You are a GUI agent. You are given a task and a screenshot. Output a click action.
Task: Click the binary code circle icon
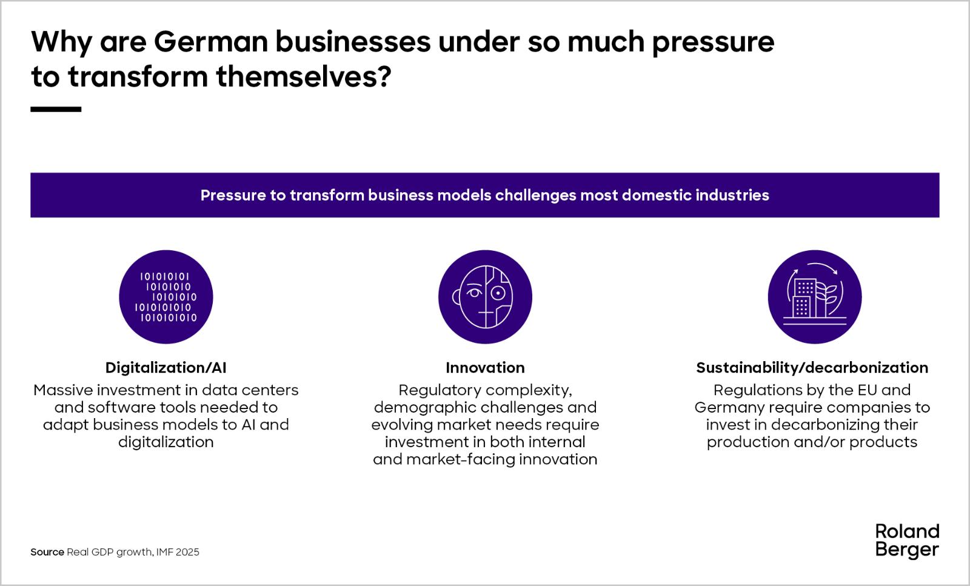click(166, 297)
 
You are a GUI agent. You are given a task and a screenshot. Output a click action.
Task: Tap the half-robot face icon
click(485, 297)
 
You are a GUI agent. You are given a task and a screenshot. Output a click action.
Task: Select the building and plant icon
click(815, 297)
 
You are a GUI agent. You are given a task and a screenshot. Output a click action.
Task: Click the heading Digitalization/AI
click(166, 367)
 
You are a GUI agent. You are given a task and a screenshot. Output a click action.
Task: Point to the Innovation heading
click(485, 367)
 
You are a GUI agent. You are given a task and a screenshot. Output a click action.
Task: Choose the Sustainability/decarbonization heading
click(812, 367)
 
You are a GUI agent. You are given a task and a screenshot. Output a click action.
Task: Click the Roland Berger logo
click(907, 541)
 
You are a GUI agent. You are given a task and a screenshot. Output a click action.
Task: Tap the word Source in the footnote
click(47, 552)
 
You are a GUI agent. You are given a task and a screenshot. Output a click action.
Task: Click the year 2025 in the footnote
click(187, 552)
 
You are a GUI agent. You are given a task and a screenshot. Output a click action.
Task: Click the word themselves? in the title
click(304, 76)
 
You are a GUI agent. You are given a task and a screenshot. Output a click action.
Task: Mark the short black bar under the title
click(56, 110)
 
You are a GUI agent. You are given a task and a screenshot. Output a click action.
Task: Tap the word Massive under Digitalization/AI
click(63, 390)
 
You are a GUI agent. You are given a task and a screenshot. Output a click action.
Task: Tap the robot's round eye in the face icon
click(498, 293)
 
